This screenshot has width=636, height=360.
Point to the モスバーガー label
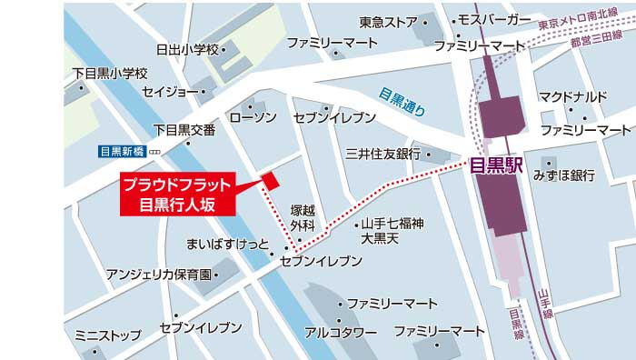495,20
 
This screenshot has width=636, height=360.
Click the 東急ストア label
388,22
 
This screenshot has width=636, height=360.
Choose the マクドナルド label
572,96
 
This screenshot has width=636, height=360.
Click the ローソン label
253,118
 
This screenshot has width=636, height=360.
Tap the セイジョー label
170,91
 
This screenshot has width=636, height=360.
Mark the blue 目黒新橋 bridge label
122,151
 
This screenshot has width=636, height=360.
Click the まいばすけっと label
227,245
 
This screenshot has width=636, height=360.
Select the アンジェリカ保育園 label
159,274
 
